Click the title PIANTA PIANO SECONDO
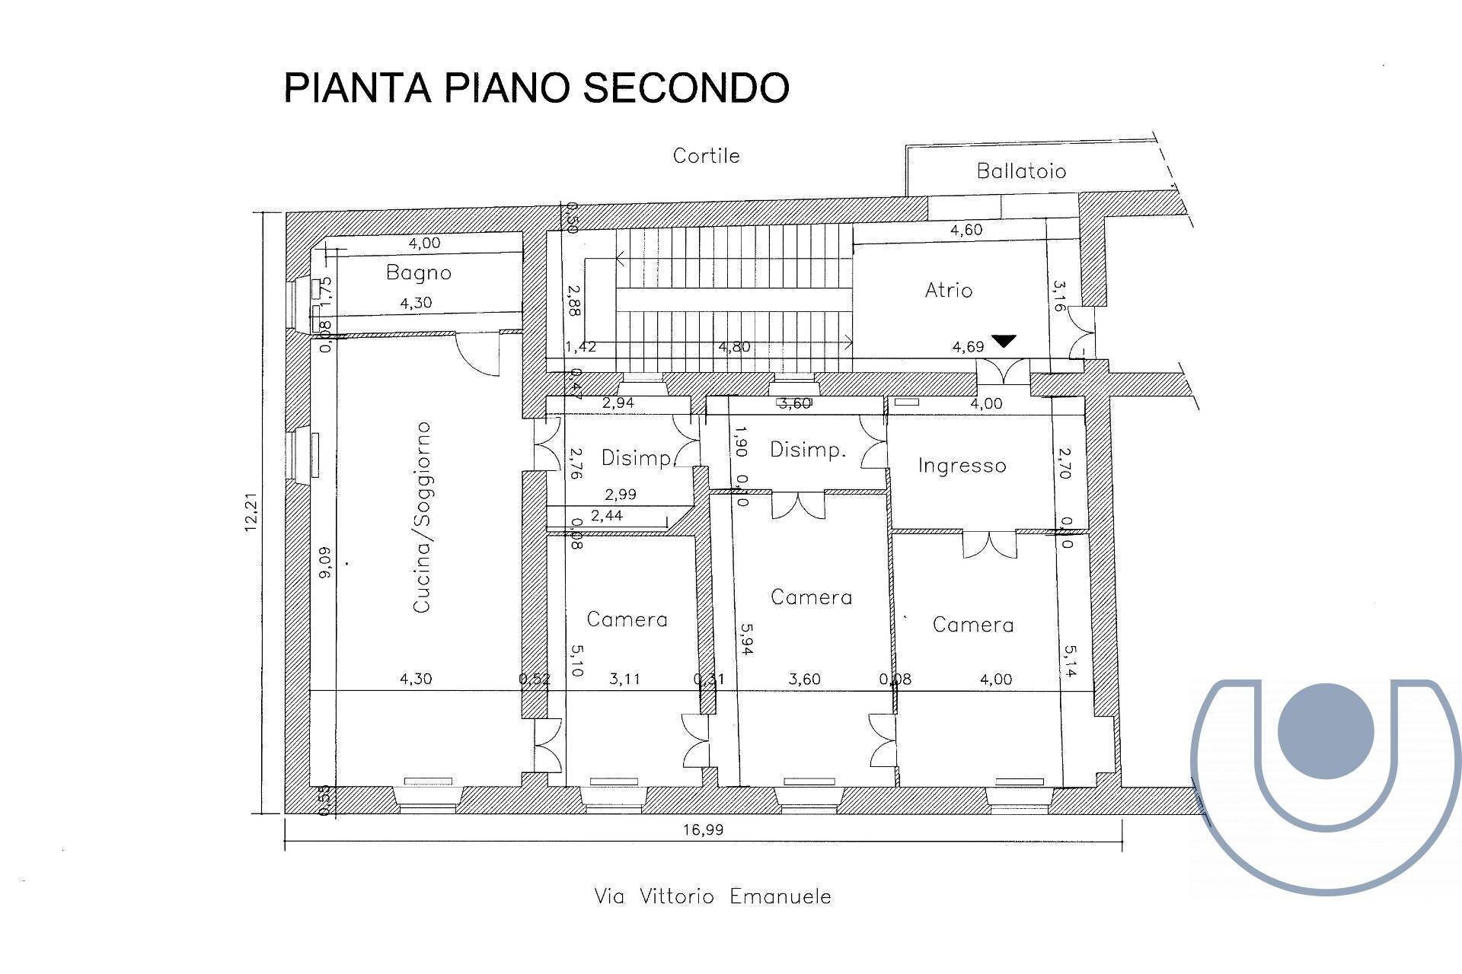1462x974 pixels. pos(536,88)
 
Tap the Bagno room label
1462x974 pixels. pos(418,272)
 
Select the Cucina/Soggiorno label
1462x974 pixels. pos(422,517)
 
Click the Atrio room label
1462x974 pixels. pos(949,290)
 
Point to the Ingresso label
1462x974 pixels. pos(962,465)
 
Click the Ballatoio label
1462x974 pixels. pos(1021,170)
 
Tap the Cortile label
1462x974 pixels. pos(706,156)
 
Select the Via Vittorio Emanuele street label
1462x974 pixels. pos(712,896)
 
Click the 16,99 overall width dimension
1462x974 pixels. pos(703,829)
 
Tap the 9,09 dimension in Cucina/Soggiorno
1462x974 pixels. pos(325,563)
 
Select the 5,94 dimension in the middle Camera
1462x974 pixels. pos(746,640)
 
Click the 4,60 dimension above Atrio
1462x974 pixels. pos(966,230)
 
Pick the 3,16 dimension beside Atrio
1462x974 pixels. pos(1059,296)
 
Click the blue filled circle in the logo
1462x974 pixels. pos(1326,730)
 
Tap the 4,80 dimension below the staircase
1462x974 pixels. pos(735,347)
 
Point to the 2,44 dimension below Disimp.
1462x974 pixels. pos(607,516)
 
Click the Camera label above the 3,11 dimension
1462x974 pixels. pos(627,619)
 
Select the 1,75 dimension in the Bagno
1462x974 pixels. pos(325,290)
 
